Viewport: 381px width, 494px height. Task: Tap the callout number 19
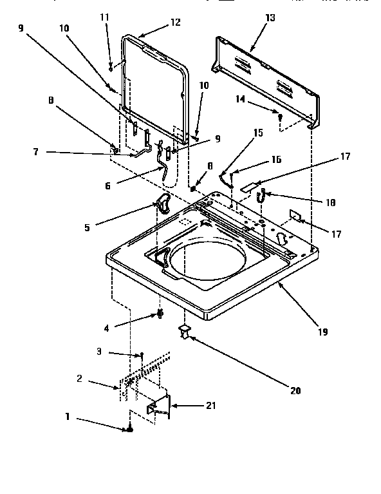coord(323,332)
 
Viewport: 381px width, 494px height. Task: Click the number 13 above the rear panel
coord(270,18)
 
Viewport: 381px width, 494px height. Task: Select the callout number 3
coord(99,352)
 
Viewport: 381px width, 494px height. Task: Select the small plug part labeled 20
coord(185,332)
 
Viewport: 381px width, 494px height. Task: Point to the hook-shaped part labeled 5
coord(163,204)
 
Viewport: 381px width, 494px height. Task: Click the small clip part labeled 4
coord(157,314)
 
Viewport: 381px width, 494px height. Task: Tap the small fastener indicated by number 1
coord(131,430)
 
